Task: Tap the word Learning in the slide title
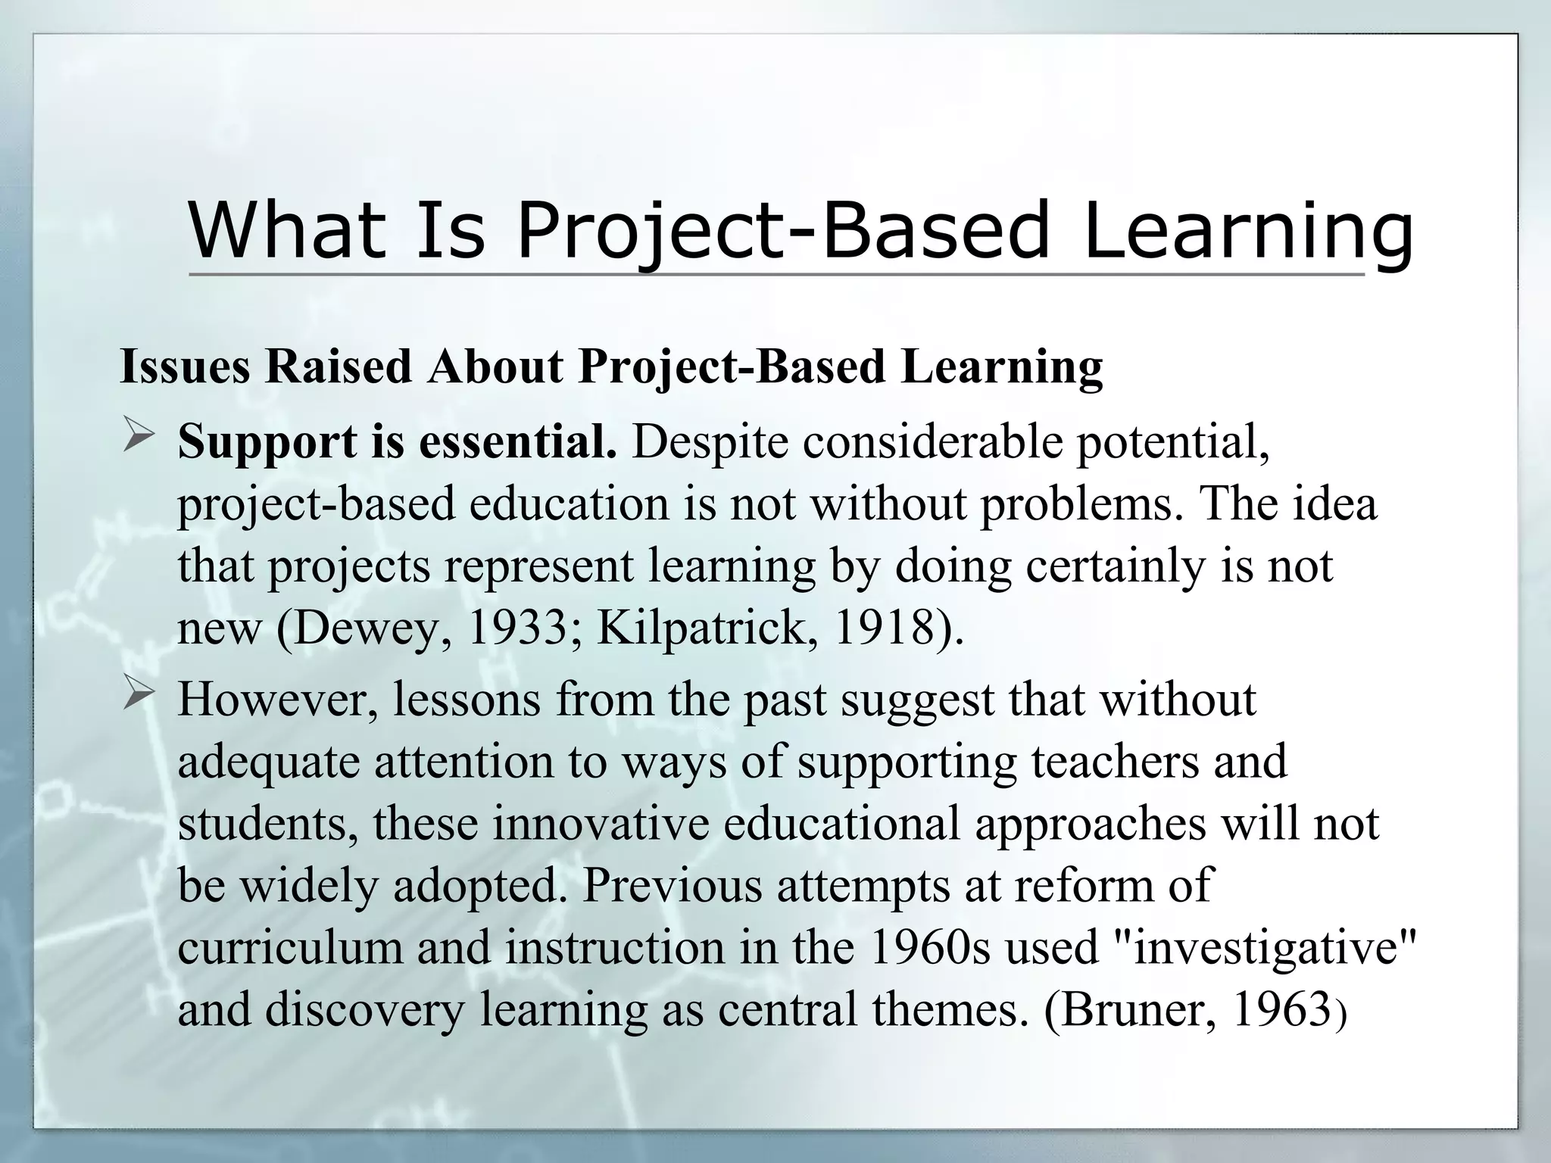tap(1247, 229)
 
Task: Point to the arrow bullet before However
tap(138, 694)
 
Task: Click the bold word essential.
tap(518, 442)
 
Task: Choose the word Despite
tap(710, 442)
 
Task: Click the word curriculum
tap(290, 948)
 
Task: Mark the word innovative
tap(601, 824)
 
